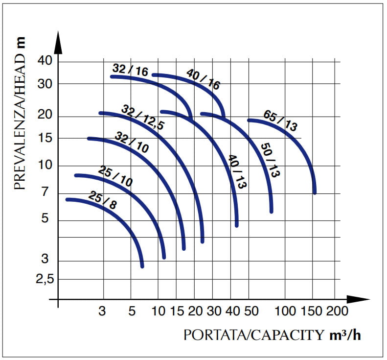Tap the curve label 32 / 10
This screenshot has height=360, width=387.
(132, 142)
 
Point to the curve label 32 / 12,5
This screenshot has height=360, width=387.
(142, 118)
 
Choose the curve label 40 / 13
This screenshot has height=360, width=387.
(237, 171)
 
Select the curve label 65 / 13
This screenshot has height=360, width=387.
(280, 120)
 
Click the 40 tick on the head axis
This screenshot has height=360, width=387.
(45, 62)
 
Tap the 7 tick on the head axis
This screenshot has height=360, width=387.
(46, 192)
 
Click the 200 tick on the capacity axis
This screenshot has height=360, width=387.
(337, 312)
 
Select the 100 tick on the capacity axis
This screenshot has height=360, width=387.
(287, 312)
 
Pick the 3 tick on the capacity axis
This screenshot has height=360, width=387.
(102, 312)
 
